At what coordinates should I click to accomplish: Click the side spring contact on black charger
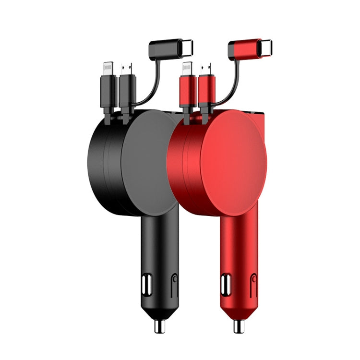pos(174,285)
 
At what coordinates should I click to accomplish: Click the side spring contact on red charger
pos(253,286)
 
